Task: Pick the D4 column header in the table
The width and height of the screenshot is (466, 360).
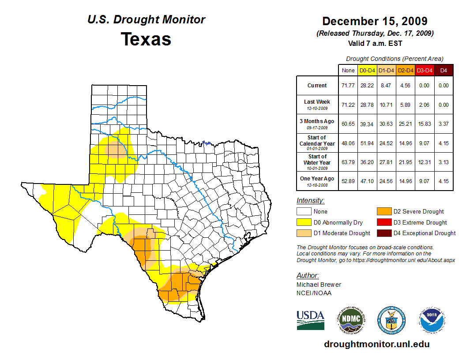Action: (x=443, y=70)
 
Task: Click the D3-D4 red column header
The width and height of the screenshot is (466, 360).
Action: (x=425, y=70)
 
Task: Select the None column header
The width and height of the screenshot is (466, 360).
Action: (x=348, y=70)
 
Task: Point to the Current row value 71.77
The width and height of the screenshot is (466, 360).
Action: (x=348, y=86)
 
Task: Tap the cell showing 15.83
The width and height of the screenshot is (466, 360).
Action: (x=425, y=124)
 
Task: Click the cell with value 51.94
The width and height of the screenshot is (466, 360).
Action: (x=367, y=143)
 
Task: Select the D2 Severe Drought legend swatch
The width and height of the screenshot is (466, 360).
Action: (x=383, y=211)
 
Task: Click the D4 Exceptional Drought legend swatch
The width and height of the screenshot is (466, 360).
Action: (x=383, y=233)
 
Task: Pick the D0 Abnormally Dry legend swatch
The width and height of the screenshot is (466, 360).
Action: (x=304, y=222)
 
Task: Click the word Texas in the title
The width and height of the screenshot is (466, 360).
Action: (x=146, y=39)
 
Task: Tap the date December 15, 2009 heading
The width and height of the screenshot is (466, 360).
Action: (x=375, y=21)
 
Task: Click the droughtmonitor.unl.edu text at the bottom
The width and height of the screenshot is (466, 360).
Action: (x=376, y=344)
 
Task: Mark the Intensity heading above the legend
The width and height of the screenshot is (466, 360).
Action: (x=310, y=200)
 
